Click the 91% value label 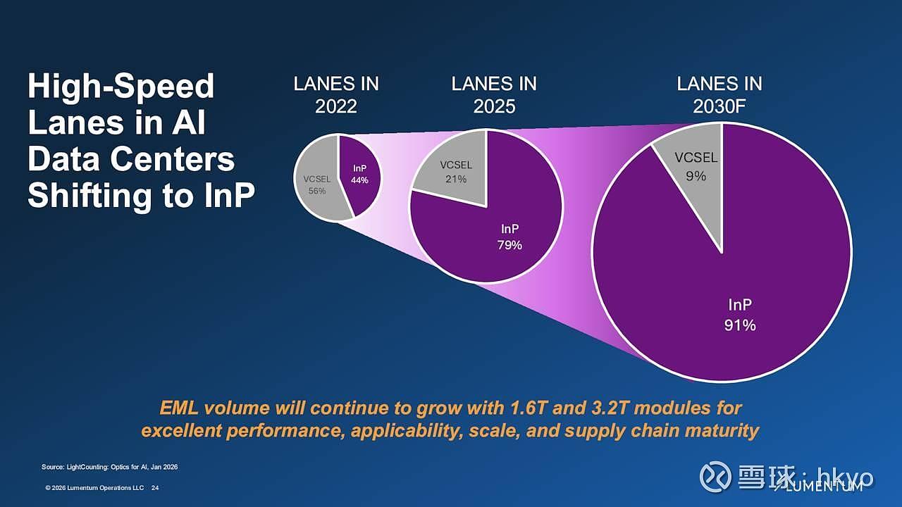click(x=739, y=325)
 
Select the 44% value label click(x=360, y=180)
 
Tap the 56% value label click(x=317, y=191)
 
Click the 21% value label click(x=456, y=179)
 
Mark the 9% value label click(x=696, y=176)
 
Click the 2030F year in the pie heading click(x=719, y=106)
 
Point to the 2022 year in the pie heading click(x=335, y=106)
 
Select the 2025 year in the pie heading click(x=493, y=106)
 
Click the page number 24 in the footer click(x=155, y=488)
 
